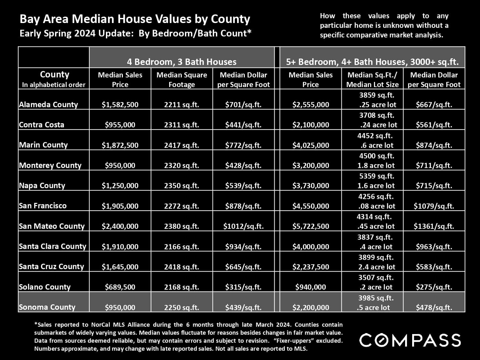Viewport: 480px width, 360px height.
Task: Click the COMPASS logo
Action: pos(410,340)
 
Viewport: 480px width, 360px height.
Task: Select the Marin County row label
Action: pos(43,145)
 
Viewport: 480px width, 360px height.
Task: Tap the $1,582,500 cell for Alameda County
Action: pos(120,105)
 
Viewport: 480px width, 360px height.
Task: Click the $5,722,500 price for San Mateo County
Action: pos(310,226)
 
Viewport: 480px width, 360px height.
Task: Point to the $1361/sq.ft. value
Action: pos(434,226)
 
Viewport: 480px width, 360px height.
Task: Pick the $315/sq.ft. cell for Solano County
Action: pos(243,287)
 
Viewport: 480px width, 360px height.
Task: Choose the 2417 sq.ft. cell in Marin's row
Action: pos(181,145)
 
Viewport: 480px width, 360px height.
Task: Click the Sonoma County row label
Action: pos(47,307)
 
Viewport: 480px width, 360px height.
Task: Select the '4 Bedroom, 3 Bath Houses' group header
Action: pos(181,62)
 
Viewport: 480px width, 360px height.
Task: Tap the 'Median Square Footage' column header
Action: pos(181,79)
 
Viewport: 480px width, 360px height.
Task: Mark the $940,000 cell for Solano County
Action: pos(310,287)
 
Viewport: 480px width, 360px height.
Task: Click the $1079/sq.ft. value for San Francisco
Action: pos(434,206)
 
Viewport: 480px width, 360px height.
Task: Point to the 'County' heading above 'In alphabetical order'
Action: pos(54,75)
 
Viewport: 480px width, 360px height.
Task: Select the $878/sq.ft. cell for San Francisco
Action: pos(243,206)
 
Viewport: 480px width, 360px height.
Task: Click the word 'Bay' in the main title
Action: pos(28,19)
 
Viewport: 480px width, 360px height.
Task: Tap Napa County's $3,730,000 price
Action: pos(310,186)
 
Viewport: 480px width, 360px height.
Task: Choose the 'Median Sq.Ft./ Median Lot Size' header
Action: pos(372,79)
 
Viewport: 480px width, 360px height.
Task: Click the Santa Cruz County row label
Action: pos(51,267)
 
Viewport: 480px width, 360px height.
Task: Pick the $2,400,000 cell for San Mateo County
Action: pos(120,226)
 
